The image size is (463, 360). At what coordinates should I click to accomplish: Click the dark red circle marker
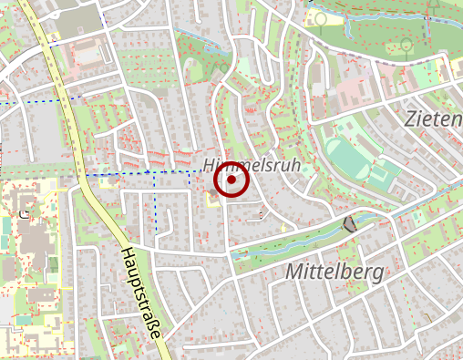[x=231, y=181]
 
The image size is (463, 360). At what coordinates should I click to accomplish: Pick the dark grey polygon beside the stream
[x=349, y=224]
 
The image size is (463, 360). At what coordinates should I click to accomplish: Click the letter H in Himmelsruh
[x=211, y=166]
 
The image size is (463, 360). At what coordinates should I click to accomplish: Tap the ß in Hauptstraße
[x=151, y=320]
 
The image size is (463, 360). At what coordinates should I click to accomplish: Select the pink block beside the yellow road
[x=88, y=55]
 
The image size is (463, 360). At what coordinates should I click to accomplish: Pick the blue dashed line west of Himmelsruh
[x=128, y=171]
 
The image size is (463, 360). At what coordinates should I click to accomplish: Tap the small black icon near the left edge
[x=22, y=214]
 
